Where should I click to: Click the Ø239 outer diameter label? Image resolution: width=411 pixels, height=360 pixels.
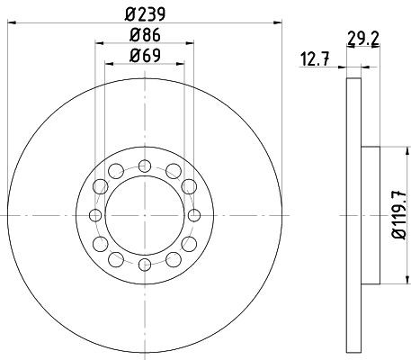[145, 13]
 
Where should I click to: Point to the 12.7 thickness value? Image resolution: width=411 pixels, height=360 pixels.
[313, 60]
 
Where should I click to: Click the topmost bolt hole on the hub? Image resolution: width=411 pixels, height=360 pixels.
[144, 166]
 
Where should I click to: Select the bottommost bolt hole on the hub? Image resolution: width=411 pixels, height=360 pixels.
[144, 264]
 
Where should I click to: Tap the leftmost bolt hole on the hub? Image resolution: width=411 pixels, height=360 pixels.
[95, 214]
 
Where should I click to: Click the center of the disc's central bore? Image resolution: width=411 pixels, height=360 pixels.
[144, 214]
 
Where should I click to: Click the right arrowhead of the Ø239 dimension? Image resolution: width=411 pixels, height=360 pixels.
[279, 24]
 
